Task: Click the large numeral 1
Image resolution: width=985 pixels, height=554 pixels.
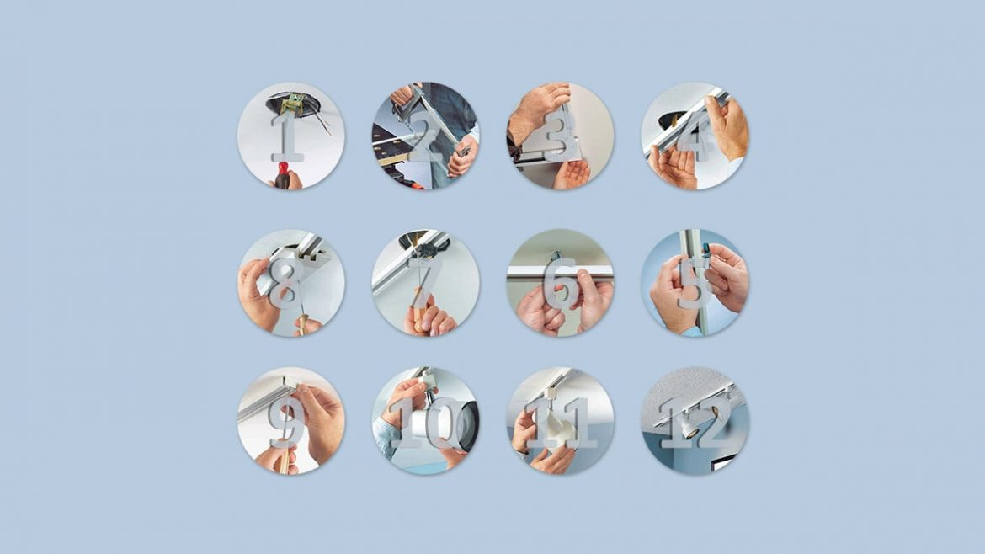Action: coord(287,136)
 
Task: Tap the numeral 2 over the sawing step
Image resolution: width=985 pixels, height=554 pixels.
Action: coord(425,135)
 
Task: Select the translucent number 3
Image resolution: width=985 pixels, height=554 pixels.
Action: coord(560,135)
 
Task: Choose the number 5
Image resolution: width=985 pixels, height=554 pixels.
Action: coord(695,283)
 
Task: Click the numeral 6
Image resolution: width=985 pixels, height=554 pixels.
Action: coord(561,283)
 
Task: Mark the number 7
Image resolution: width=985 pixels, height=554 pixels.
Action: coord(424,283)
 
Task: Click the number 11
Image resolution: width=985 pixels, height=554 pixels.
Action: coord(561,423)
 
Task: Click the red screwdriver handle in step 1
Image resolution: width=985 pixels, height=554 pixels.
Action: coord(282,175)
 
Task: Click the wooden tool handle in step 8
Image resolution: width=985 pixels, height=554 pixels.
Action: coord(303,324)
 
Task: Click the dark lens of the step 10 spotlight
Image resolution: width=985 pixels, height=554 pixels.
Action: coord(470,427)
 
